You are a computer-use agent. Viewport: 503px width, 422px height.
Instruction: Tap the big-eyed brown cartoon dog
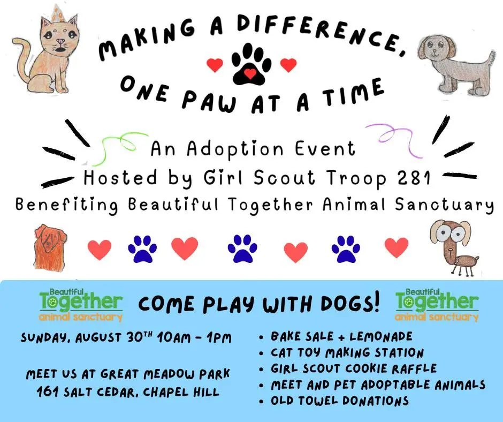pyautogui.click(x=453, y=247)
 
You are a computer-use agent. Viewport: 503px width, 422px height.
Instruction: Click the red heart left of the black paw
pyautogui.click(x=215, y=65)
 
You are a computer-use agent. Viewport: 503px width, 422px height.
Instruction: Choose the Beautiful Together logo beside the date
pyautogui.click(x=81, y=305)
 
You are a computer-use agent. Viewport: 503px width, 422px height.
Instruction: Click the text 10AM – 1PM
pyautogui.click(x=194, y=337)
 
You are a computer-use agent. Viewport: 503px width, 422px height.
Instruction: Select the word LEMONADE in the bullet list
pyautogui.click(x=381, y=336)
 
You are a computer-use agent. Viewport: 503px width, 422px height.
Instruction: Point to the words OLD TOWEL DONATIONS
pyautogui.click(x=340, y=401)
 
